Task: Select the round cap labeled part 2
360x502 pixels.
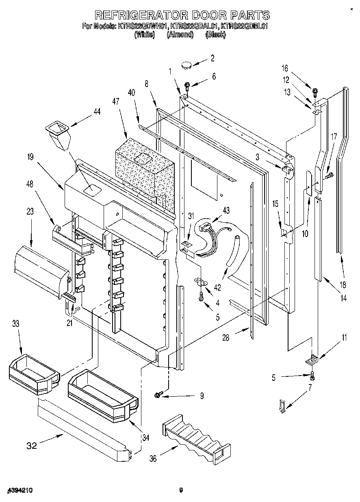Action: pyautogui.click(x=187, y=64)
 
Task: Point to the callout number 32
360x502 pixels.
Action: pyautogui.click(x=32, y=445)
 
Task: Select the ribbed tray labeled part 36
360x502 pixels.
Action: pyautogui.click(x=193, y=437)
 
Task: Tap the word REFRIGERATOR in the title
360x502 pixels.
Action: pyautogui.click(x=141, y=15)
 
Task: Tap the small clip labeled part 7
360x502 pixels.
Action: pyautogui.click(x=282, y=406)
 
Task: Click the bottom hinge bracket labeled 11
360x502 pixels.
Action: pyautogui.click(x=312, y=359)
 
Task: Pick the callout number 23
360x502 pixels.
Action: pyautogui.click(x=31, y=211)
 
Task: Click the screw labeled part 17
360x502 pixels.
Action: pyautogui.click(x=328, y=176)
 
